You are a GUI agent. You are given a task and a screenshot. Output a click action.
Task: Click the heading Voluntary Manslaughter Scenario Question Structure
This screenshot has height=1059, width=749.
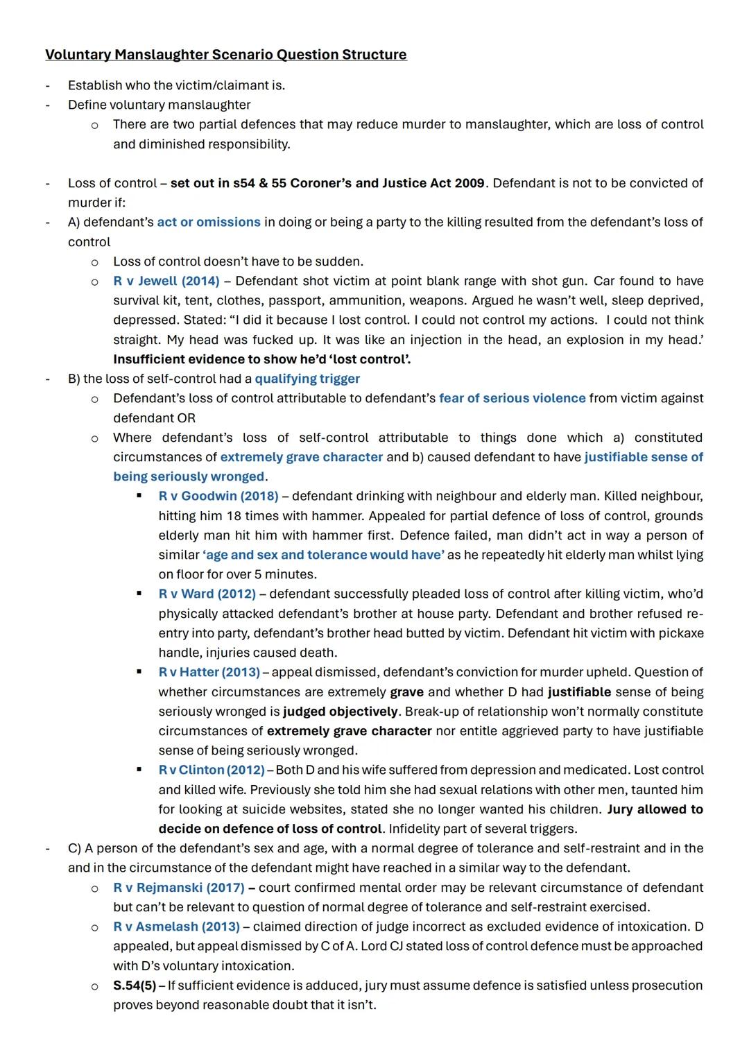click(225, 55)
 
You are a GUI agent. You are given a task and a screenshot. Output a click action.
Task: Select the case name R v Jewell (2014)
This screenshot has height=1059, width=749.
click(166, 281)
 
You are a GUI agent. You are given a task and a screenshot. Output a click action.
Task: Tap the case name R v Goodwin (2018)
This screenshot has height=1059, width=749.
click(218, 497)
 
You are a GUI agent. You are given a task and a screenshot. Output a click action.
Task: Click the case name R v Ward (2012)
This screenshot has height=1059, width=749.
click(207, 594)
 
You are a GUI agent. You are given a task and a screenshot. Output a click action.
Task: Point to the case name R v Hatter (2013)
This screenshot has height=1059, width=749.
click(209, 672)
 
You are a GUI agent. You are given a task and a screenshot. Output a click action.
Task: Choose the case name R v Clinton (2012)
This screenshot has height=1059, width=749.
click(211, 770)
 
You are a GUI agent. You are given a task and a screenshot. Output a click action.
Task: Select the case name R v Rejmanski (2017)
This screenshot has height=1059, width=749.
click(178, 888)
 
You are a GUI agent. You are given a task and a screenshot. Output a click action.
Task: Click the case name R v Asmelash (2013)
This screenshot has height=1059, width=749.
click(176, 927)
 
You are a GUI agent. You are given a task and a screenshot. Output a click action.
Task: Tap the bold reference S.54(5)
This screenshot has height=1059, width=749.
click(134, 985)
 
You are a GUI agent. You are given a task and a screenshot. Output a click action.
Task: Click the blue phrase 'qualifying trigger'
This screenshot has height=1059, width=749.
click(307, 379)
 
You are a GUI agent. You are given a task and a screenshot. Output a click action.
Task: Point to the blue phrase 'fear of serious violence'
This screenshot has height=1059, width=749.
click(512, 398)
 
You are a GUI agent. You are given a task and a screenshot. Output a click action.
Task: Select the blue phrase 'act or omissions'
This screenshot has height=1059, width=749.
click(208, 222)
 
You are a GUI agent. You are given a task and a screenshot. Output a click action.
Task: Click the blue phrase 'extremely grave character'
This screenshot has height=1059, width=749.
click(301, 457)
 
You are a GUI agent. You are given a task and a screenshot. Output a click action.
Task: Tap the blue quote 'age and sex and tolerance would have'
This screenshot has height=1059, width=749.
click(323, 555)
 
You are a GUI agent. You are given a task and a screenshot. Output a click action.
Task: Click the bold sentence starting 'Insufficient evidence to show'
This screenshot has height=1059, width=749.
click(261, 359)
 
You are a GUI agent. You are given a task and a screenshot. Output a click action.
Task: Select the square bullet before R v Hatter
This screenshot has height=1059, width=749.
click(139, 672)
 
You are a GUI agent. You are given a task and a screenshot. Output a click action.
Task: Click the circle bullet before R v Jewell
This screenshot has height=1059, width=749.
click(95, 282)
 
